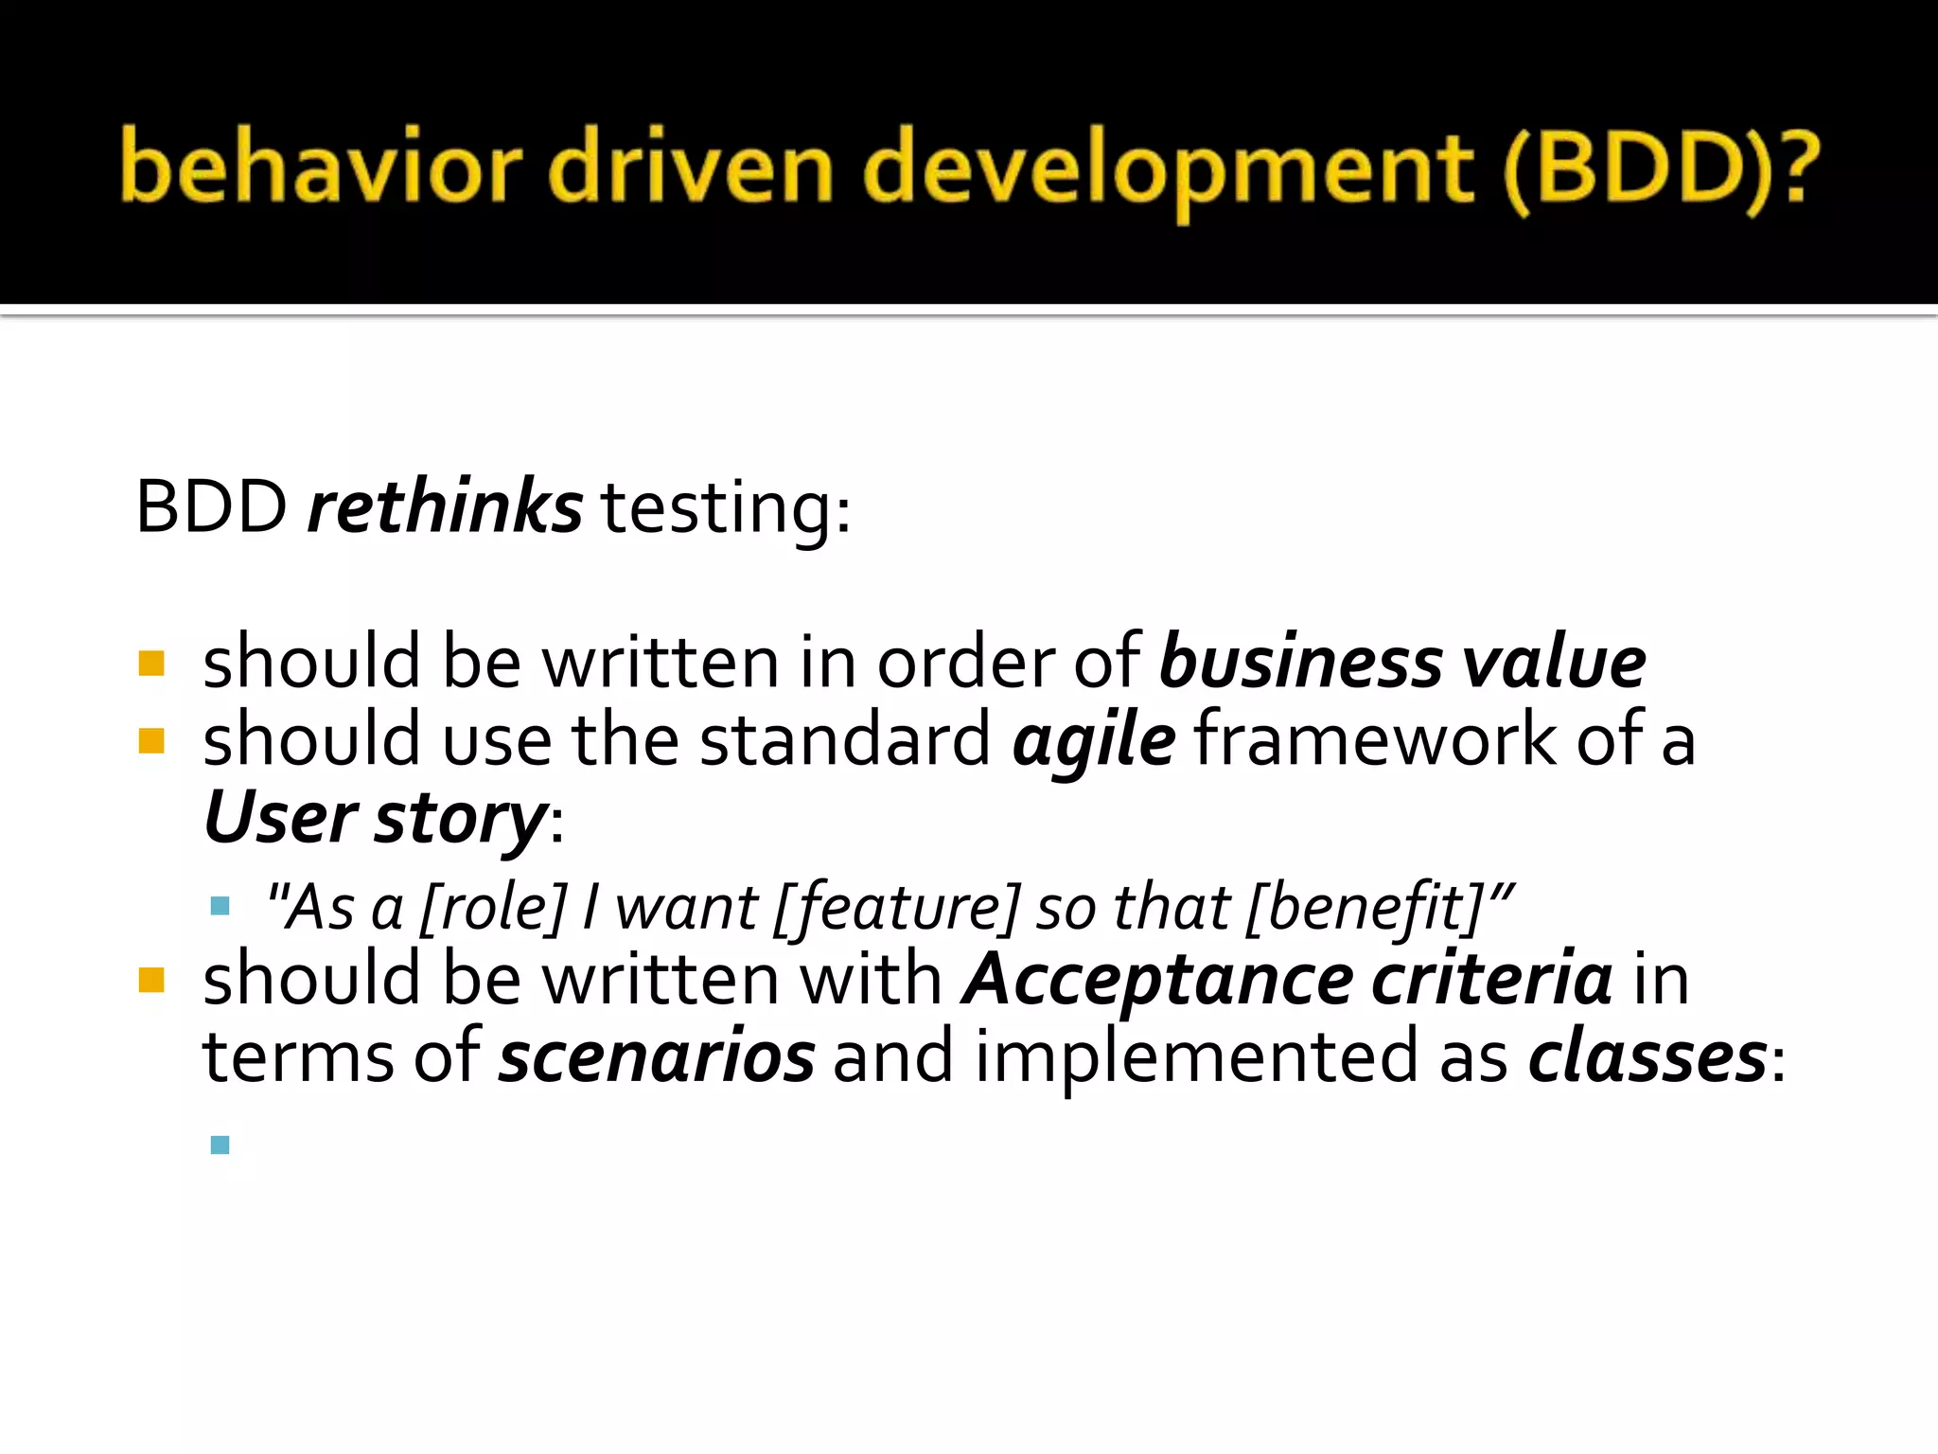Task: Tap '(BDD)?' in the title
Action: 1660,170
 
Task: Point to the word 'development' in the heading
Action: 1168,170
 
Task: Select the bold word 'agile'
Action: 1094,740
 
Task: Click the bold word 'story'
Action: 461,818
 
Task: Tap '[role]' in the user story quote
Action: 492,907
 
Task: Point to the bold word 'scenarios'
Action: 657,1056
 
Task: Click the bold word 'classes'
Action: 1647,1056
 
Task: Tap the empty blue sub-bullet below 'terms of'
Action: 220,1144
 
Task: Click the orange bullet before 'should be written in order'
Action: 151,663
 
